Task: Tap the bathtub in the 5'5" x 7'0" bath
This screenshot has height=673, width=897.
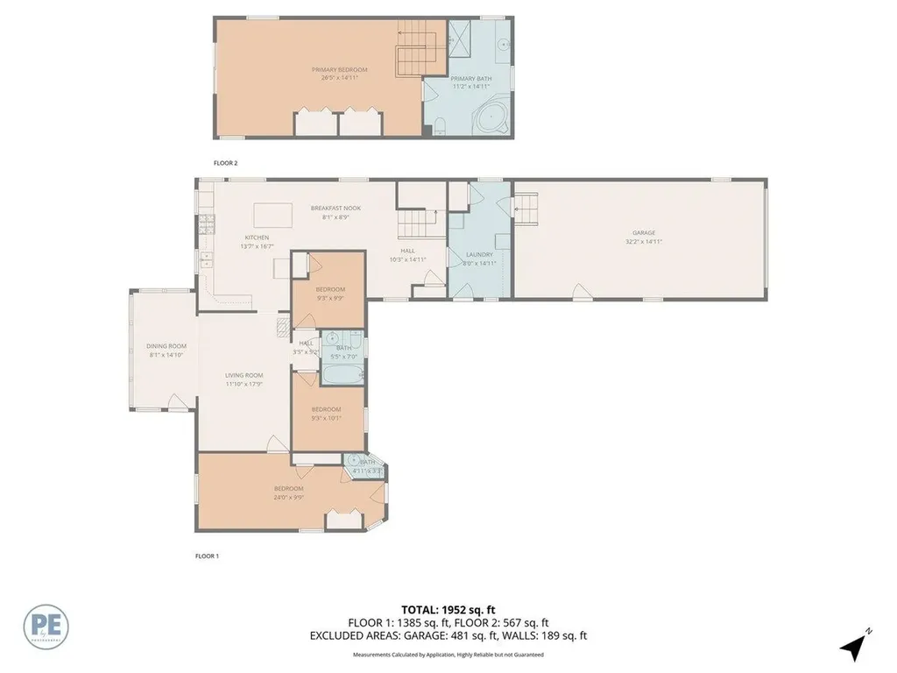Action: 343,375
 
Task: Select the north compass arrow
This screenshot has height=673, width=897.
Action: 855,646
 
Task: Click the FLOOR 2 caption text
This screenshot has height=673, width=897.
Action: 226,163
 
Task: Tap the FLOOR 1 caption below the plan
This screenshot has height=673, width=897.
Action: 206,556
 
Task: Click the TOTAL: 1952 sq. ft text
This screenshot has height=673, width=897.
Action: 448,608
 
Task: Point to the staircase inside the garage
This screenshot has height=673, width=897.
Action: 525,209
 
